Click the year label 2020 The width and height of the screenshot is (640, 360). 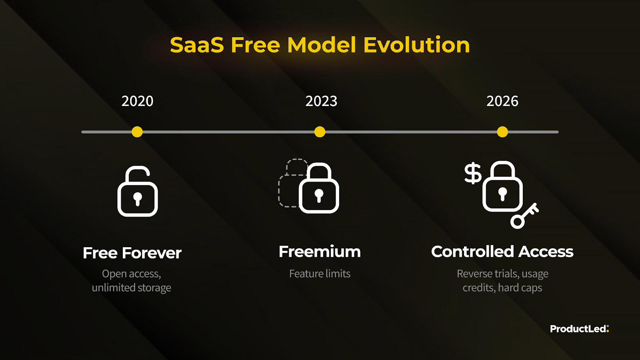[138, 101]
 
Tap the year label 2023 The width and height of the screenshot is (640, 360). [322, 101]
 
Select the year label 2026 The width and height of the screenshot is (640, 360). [502, 101]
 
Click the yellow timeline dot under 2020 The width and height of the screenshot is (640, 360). [137, 132]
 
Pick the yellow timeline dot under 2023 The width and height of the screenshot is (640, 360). [320, 132]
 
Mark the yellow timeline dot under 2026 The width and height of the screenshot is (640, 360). [502, 132]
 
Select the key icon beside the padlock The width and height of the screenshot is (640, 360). [524, 216]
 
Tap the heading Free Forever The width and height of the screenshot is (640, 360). [132, 253]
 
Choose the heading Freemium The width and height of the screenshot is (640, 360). [320, 252]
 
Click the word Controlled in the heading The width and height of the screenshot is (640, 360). [472, 252]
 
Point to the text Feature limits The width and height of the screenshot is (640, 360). [320, 274]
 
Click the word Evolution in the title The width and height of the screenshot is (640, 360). [416, 45]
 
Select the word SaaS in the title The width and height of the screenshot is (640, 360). [197, 45]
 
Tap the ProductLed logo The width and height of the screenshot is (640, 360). [580, 329]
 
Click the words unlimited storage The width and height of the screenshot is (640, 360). [132, 288]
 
